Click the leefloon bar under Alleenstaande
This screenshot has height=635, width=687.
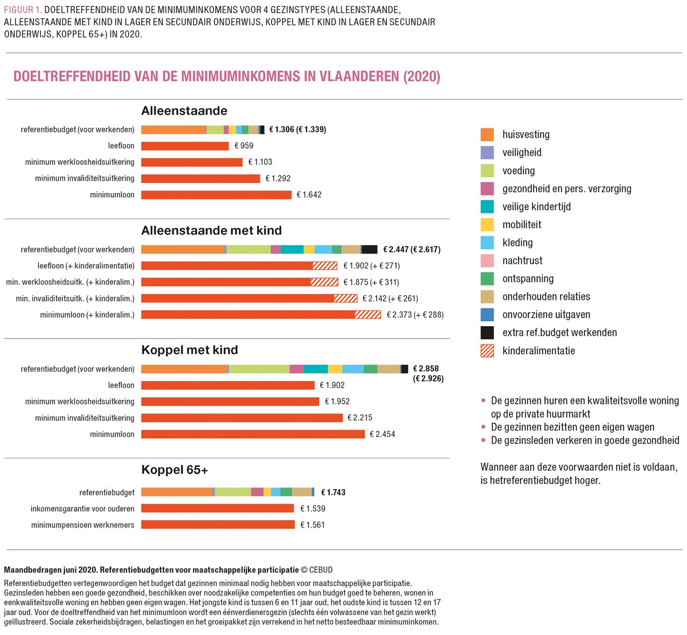click(x=185, y=146)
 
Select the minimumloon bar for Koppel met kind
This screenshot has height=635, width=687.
click(x=252, y=434)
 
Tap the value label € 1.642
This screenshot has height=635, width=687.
click(x=309, y=195)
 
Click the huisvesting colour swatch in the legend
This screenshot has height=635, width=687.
click(x=487, y=135)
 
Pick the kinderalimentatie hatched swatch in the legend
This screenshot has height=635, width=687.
click(x=487, y=351)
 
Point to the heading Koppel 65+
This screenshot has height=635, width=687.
click(x=175, y=470)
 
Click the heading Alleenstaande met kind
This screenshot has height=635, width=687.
click(x=211, y=231)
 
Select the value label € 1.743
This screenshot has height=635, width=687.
click(x=333, y=493)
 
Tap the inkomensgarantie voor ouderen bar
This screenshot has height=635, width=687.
click(x=218, y=509)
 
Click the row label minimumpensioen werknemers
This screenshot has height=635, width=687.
click(x=83, y=525)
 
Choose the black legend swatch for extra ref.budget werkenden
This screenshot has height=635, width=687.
click(x=487, y=333)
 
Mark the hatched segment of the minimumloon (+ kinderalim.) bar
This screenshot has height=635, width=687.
click(x=368, y=315)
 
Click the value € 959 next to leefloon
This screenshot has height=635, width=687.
click(x=244, y=146)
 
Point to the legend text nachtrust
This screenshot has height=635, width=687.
click(x=522, y=261)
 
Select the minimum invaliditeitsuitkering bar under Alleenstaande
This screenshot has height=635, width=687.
click(x=200, y=178)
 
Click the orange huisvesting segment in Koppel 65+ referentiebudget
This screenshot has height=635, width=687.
click(x=176, y=492)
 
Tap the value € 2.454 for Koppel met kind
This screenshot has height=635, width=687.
click(x=382, y=434)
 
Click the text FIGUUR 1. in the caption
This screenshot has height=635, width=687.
click(x=22, y=10)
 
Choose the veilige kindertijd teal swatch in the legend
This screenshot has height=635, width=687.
click(x=487, y=207)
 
